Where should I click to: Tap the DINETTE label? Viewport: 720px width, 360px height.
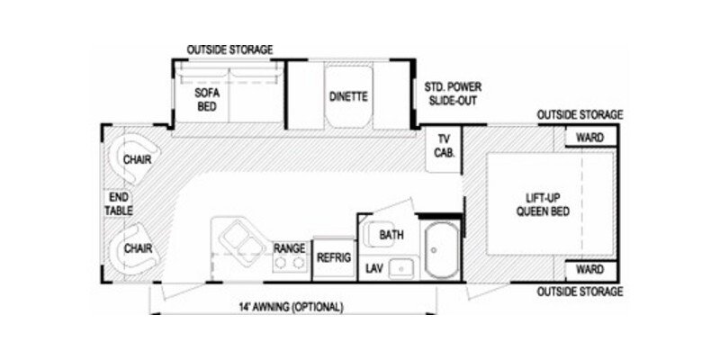coord(346,96)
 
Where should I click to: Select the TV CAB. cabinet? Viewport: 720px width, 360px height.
coord(444,146)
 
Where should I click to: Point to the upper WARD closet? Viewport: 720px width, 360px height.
coord(590,139)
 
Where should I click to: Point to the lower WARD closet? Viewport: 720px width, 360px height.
coord(589,270)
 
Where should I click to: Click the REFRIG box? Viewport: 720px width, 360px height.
coord(332,257)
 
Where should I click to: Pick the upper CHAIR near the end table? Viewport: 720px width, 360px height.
coord(137,159)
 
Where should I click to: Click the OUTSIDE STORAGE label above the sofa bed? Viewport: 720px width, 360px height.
coord(229,49)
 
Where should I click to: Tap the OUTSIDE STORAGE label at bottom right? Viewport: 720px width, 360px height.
coord(580,292)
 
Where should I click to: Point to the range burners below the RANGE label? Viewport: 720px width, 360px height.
coord(288,263)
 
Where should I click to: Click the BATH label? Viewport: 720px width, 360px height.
coord(391,235)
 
